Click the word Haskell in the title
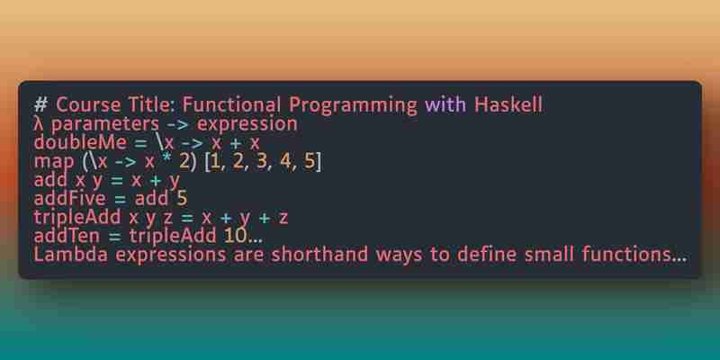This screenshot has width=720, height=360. pyautogui.click(x=508, y=104)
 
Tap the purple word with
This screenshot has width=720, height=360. pyautogui.click(x=445, y=104)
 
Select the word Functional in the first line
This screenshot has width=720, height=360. pyautogui.click(x=231, y=104)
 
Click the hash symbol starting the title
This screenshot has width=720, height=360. pyautogui.click(x=40, y=105)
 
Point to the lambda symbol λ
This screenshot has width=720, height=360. pyautogui.click(x=38, y=124)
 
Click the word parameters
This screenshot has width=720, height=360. pyautogui.click(x=105, y=125)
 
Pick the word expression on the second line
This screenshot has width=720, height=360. pyautogui.click(x=247, y=125)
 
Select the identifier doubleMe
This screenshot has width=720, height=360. pyautogui.click(x=80, y=143)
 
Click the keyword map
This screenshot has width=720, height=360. pyautogui.click(x=54, y=163)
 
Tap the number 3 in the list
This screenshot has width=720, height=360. pyautogui.click(x=262, y=162)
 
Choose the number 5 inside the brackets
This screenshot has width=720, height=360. pyautogui.click(x=309, y=162)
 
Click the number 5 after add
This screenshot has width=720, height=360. pyautogui.click(x=182, y=199)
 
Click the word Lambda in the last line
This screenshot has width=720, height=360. pyautogui.click(x=71, y=255)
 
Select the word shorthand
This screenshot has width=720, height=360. pyautogui.click(x=319, y=255)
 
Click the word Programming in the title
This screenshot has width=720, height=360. pyautogui.click(x=353, y=106)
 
